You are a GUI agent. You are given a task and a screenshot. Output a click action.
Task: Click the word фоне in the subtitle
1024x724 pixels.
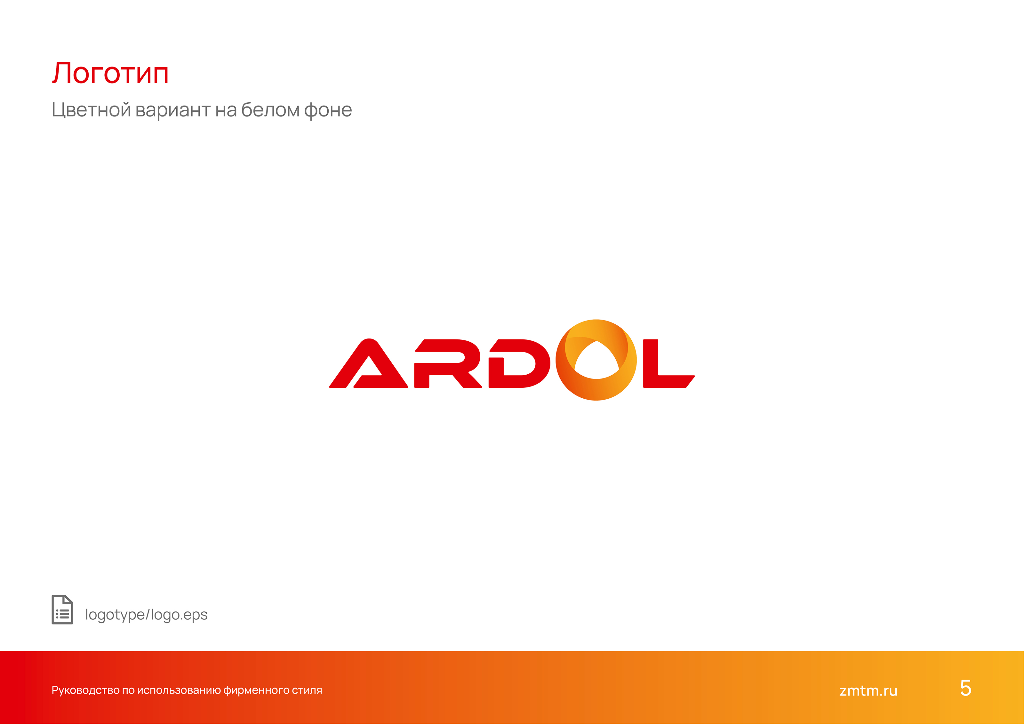point(328,110)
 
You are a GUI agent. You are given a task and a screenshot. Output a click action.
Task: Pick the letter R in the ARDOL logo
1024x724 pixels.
point(448,363)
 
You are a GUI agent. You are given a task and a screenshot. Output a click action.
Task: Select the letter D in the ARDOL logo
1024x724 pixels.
point(520,363)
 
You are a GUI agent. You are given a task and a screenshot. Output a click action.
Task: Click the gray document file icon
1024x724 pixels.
point(62,609)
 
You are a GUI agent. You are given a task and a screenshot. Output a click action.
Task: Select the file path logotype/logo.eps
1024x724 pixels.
point(146,615)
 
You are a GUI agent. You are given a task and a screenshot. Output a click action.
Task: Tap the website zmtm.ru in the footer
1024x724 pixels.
point(868,690)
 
